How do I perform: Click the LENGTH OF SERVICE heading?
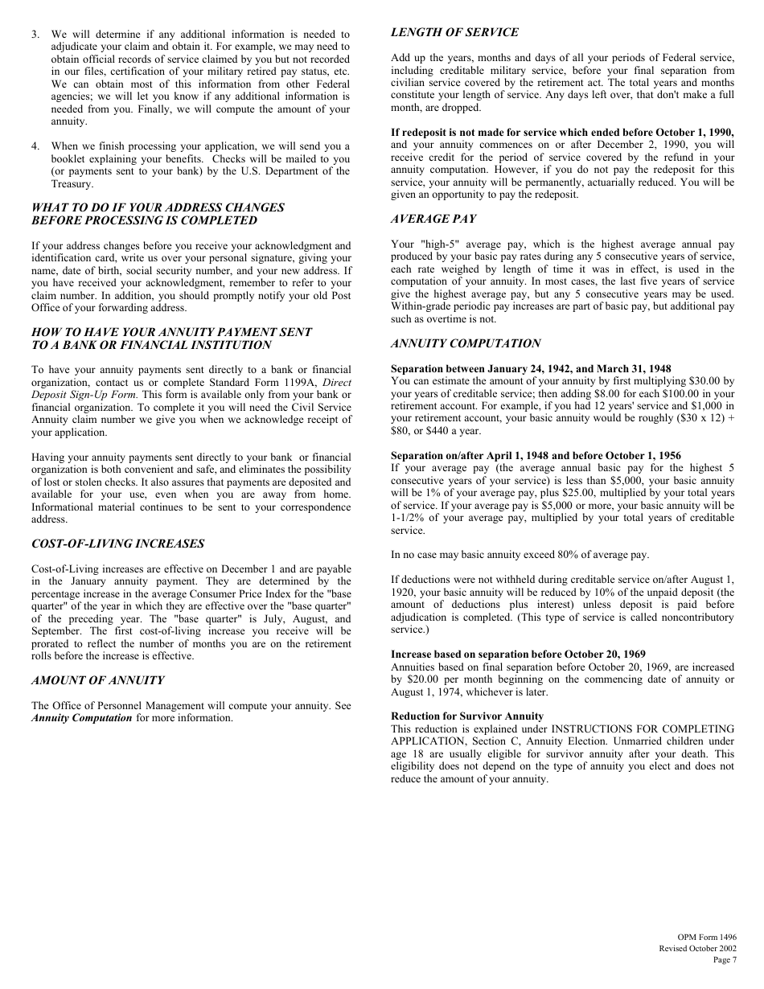coord(454,33)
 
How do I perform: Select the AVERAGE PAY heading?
coord(433,219)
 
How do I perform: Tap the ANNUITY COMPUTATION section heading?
coord(466,343)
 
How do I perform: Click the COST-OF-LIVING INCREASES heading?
coord(117,544)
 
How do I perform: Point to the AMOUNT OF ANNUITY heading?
coord(97,680)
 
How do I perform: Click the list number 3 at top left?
coord(35,35)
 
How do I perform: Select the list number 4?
coord(35,146)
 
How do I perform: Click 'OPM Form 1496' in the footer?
coord(706,938)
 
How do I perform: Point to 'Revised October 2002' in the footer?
coord(697,949)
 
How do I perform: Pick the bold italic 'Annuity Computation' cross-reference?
coord(81,718)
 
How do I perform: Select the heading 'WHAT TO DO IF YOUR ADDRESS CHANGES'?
coord(158,207)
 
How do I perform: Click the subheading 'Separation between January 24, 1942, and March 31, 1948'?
coord(531,369)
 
